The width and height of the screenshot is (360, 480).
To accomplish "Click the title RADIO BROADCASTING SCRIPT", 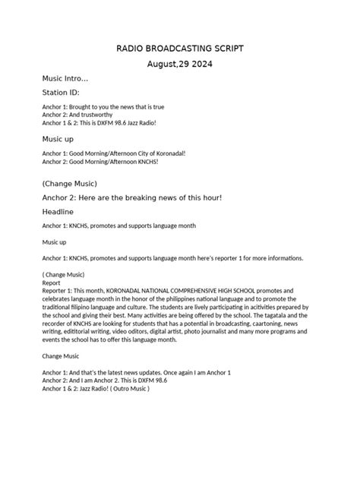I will (x=180, y=49).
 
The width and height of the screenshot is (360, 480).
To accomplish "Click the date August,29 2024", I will (x=180, y=65).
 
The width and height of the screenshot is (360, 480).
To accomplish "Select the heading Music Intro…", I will (x=65, y=79).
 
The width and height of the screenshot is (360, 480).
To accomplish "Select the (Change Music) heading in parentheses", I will (x=70, y=183).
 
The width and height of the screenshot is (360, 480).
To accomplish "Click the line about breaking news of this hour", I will (x=133, y=197).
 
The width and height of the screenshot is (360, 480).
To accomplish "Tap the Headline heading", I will (x=58, y=212).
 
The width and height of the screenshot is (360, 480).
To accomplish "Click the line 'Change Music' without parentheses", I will (x=61, y=355).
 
